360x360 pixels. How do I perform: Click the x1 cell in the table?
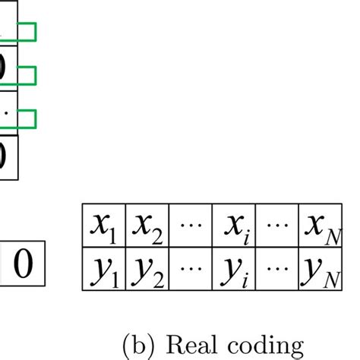click(x=103, y=226)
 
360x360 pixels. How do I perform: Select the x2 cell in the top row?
click(x=146, y=226)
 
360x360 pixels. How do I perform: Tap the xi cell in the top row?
click(x=233, y=226)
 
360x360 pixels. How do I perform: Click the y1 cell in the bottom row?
click(x=103, y=267)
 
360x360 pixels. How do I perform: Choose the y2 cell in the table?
click(x=146, y=267)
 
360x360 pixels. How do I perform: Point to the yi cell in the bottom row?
click(x=233, y=267)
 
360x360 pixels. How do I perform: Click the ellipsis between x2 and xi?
click(x=190, y=226)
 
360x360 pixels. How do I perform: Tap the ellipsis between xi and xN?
click(x=277, y=226)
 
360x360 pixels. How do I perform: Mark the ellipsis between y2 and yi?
click(x=190, y=267)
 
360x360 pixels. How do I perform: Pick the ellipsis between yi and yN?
click(x=277, y=267)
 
